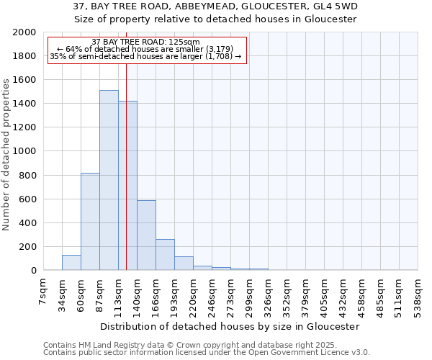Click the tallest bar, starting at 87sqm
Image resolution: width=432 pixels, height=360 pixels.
109,180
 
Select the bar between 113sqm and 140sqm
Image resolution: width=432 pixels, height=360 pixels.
127,186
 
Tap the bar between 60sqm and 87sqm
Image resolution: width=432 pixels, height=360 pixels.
90,222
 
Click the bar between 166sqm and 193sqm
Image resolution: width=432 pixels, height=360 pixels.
165,255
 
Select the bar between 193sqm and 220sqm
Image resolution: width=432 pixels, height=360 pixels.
184,264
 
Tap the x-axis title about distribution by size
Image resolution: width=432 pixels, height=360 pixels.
230,326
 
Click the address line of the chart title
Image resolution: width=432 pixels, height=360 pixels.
216,7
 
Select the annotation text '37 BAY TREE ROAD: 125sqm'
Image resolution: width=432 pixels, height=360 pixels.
146,42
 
